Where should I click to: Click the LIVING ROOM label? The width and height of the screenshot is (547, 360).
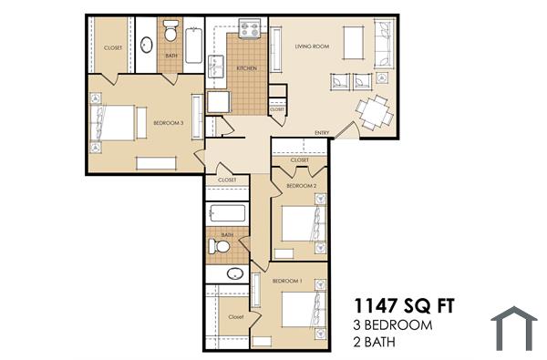(x=311, y=46)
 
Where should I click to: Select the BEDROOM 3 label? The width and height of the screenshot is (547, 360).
(x=169, y=123)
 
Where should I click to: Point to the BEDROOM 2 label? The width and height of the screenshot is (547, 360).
(x=301, y=186)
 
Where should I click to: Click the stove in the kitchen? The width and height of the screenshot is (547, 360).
(x=250, y=31)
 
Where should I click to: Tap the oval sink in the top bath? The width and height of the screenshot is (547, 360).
(x=146, y=43)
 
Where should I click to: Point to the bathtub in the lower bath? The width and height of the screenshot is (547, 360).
(x=226, y=215)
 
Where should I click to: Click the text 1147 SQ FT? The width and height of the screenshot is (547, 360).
(x=403, y=304)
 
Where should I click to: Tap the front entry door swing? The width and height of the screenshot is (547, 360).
(x=345, y=130)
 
